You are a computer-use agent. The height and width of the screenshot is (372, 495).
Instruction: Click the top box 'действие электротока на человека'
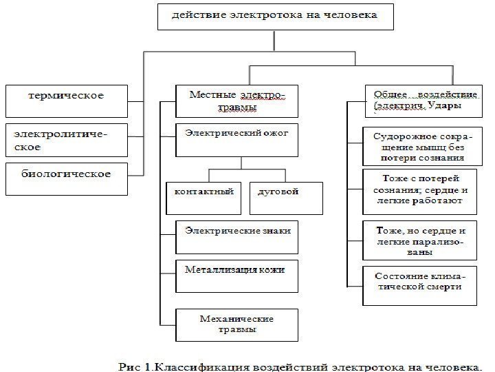point(274,15)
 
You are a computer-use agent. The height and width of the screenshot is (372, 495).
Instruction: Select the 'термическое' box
point(66,101)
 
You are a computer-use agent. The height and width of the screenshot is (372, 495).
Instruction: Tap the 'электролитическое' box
point(66,139)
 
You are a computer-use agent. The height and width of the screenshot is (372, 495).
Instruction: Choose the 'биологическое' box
point(66,177)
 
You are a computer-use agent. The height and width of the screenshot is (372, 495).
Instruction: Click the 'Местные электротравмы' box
point(237,101)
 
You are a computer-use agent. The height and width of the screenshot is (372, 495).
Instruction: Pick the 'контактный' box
point(204,197)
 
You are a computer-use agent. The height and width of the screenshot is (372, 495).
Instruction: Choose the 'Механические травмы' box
point(237,324)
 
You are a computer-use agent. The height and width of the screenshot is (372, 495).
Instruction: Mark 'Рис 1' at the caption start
point(134,365)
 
